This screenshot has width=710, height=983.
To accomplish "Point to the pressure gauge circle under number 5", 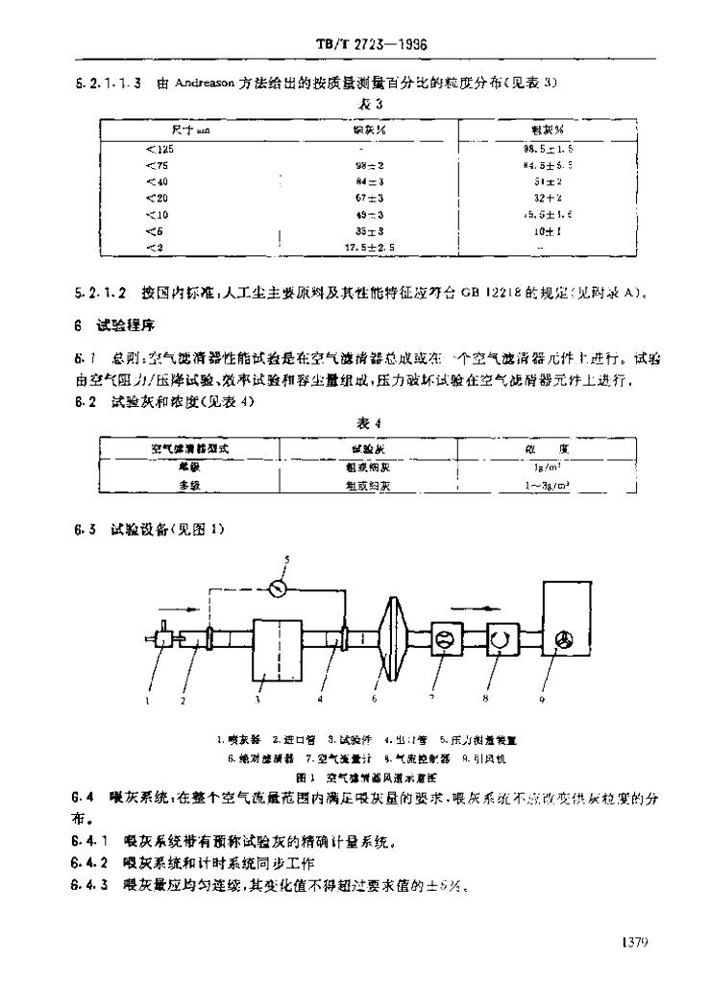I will (x=280, y=585).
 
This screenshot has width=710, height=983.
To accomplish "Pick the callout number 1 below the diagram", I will (x=149, y=702).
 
